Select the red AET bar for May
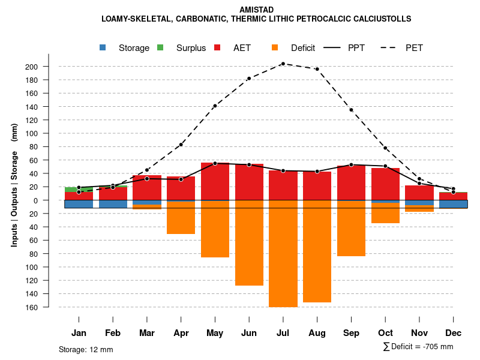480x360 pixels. tap(215, 181)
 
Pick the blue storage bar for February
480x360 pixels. tap(113, 204)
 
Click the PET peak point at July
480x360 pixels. tap(283, 64)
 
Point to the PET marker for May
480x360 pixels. tap(215, 106)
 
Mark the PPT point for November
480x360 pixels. tap(419, 183)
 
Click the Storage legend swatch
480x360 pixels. tap(103, 47)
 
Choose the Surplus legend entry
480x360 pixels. tap(191, 48)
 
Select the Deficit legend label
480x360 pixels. tap(303, 48)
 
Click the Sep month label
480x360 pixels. tap(351, 333)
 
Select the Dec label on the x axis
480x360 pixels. tap(454, 333)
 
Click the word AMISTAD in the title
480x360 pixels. tap(257, 10)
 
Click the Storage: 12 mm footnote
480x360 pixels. tap(86, 349)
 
